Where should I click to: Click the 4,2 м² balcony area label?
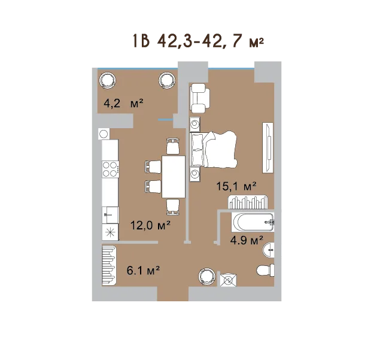(123, 103)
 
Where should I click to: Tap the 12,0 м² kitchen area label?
(150, 225)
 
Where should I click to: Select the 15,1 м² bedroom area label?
(236, 186)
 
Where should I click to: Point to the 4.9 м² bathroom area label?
(247, 240)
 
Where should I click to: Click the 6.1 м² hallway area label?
(143, 270)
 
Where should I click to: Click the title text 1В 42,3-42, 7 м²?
(199, 41)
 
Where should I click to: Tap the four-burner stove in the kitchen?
(111, 169)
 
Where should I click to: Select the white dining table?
(174, 177)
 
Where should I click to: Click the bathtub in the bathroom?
(253, 222)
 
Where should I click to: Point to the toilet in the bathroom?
(265, 271)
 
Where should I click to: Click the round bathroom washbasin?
(269, 250)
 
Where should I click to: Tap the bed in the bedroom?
(213, 149)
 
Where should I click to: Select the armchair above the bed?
(200, 98)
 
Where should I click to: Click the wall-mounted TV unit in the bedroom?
(268, 147)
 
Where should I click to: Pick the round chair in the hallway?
(207, 277)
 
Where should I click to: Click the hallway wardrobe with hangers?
(109, 265)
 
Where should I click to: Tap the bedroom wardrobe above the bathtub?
(248, 202)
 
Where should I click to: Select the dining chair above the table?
(173, 146)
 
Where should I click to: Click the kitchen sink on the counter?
(111, 215)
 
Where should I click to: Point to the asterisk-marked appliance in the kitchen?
(110, 232)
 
